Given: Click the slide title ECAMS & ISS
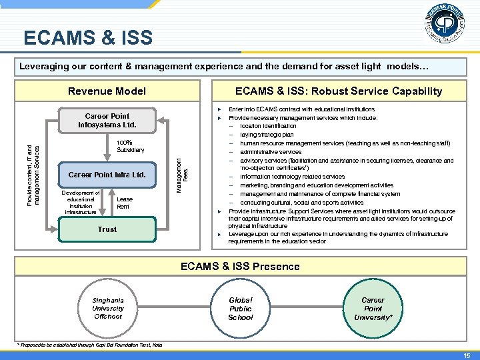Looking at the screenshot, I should point(88,37).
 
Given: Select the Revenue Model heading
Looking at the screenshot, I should point(107,91).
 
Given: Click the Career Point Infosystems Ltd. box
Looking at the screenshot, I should point(107,120).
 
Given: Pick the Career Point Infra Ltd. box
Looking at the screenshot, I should point(107,175).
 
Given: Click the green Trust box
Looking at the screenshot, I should point(107,229).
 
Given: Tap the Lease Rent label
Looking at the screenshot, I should point(124,203).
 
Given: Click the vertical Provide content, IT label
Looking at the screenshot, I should point(37,167).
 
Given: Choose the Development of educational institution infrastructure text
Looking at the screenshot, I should point(81,203).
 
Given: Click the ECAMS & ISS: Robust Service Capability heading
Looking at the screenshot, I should point(338,91).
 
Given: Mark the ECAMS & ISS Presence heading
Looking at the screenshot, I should point(240,266).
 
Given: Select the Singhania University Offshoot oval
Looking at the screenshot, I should point(108,308).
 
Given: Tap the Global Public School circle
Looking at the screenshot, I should point(241,308).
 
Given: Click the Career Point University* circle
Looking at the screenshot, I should point(373,308).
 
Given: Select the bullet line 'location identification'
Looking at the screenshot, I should point(268,126).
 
